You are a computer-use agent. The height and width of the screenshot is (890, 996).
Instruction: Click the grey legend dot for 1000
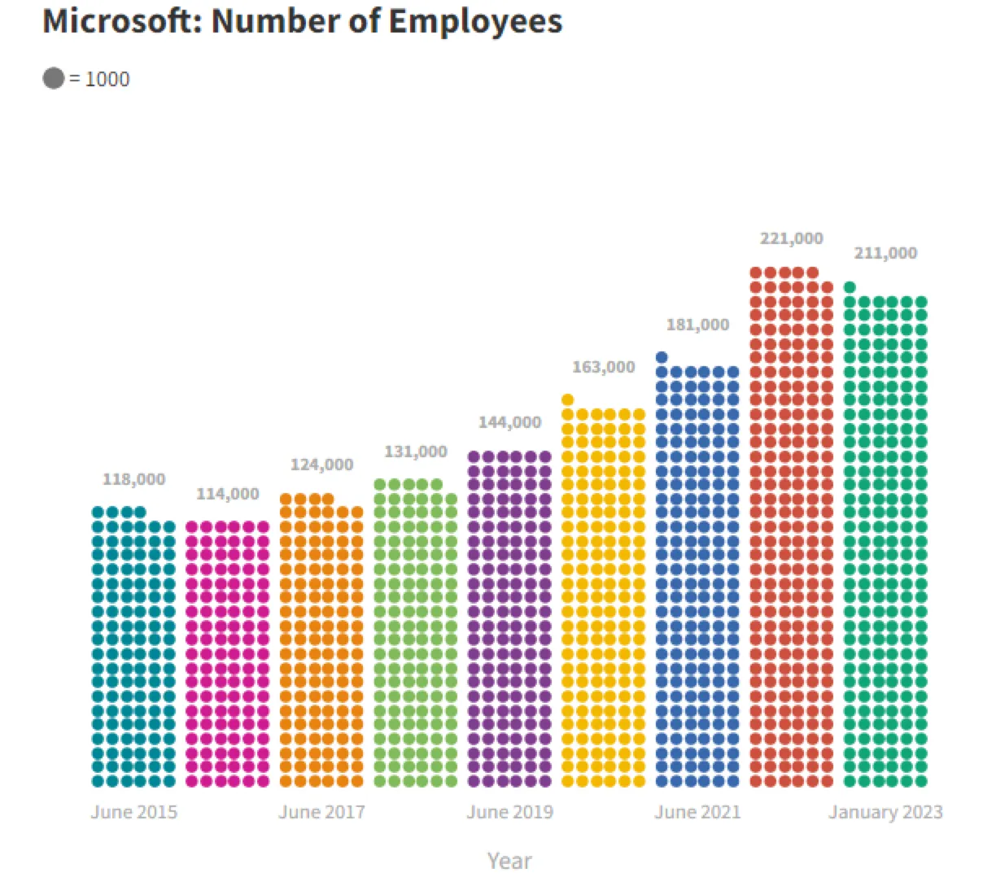pyautogui.click(x=54, y=78)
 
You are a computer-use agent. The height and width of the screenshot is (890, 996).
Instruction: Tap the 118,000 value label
pyautogui.click(x=133, y=479)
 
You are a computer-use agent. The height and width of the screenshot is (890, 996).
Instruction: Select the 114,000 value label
pyautogui.click(x=228, y=494)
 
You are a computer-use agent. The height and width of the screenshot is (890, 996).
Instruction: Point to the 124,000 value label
pyautogui.click(x=321, y=465)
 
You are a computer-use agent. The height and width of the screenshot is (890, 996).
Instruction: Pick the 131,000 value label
pyautogui.click(x=416, y=452)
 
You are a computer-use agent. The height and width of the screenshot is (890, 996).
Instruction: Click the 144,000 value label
pyautogui.click(x=509, y=422)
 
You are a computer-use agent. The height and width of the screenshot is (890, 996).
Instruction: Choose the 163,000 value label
pyautogui.click(x=603, y=367)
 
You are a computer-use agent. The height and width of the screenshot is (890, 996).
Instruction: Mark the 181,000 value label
pyautogui.click(x=697, y=325)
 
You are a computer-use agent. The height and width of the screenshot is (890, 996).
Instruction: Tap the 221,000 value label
pyautogui.click(x=791, y=238)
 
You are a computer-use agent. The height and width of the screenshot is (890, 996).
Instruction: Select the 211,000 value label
pyautogui.click(x=885, y=253)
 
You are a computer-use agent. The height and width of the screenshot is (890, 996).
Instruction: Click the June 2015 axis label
pyautogui.click(x=133, y=812)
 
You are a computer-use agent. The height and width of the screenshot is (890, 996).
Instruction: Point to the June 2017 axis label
pyautogui.click(x=321, y=812)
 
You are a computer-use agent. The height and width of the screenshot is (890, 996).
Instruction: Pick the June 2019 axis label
pyautogui.click(x=509, y=812)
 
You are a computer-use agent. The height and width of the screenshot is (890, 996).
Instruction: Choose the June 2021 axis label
pyautogui.click(x=697, y=812)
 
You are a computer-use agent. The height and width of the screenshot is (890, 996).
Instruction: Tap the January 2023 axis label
pyautogui.click(x=885, y=812)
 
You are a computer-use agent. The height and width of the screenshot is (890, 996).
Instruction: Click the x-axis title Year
pyautogui.click(x=509, y=861)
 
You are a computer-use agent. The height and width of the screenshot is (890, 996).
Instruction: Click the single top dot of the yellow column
pyautogui.click(x=568, y=399)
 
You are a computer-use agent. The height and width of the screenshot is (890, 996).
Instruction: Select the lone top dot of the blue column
pyautogui.click(x=662, y=357)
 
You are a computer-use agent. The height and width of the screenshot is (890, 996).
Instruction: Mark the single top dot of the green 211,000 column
pyautogui.click(x=850, y=286)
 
